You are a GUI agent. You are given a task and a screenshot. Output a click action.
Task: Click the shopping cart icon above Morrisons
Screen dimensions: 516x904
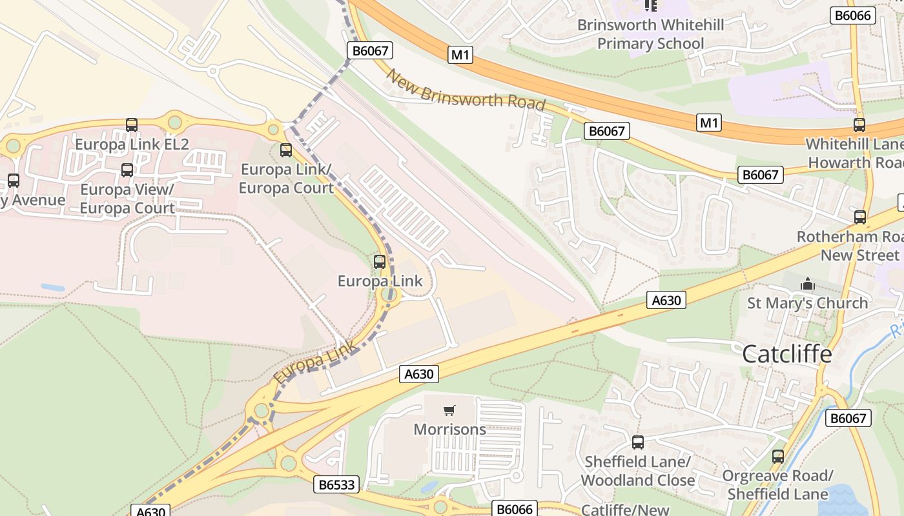pyautogui.click(x=449, y=410)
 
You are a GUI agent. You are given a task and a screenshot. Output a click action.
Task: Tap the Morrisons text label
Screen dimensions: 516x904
pyautogui.click(x=449, y=429)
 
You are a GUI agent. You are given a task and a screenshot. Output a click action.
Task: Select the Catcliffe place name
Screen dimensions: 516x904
pyautogui.click(x=786, y=353)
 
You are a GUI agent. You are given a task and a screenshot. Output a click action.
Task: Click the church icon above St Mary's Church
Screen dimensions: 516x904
pyautogui.click(x=807, y=284)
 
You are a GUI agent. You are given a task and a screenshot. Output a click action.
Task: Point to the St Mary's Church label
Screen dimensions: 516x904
pyautogui.click(x=807, y=303)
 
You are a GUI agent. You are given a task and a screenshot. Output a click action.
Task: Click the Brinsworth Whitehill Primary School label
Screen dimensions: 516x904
pyautogui.click(x=650, y=34)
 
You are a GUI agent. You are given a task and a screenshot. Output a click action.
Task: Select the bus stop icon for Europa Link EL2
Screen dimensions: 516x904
pyautogui.click(x=132, y=125)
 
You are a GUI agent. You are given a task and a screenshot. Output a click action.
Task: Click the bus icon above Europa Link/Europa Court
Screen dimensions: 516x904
pyautogui.click(x=285, y=150)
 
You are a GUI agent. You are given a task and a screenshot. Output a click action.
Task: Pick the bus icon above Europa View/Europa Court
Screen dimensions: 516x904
pyautogui.click(x=127, y=170)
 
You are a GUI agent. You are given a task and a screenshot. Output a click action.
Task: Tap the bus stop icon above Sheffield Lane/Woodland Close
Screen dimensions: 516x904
pyautogui.click(x=638, y=442)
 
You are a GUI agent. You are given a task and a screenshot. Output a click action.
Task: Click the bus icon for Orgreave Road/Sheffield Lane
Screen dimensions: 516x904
pyautogui.click(x=778, y=457)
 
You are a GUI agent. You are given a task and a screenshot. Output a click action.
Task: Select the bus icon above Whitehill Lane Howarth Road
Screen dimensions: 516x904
pyautogui.click(x=859, y=125)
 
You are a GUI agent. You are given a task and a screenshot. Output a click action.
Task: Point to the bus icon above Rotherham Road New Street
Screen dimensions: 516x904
pyautogui.click(x=859, y=217)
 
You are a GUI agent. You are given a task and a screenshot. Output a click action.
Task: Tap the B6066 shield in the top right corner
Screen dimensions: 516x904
pyautogui.click(x=852, y=15)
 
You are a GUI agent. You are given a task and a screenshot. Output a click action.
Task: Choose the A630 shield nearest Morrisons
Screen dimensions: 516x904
pyautogui.click(x=419, y=373)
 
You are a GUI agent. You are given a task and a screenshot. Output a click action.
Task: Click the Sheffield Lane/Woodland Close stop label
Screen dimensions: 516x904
pyautogui.click(x=638, y=471)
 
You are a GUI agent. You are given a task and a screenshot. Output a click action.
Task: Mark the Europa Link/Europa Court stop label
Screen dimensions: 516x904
pyautogui.click(x=286, y=179)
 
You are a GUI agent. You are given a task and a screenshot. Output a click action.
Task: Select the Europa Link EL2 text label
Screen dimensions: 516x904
pyautogui.click(x=132, y=144)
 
